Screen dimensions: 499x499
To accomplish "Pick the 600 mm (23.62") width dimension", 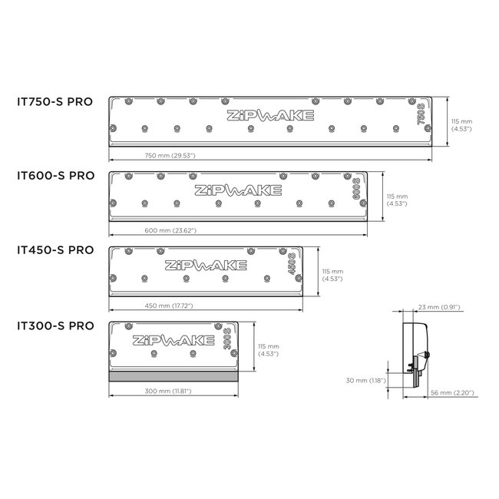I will [x=170, y=230].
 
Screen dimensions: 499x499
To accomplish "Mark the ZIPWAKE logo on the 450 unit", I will [x=206, y=266].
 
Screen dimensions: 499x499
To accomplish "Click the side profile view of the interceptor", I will [x=416, y=353].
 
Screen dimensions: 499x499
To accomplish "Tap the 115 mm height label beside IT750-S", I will [x=461, y=124].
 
